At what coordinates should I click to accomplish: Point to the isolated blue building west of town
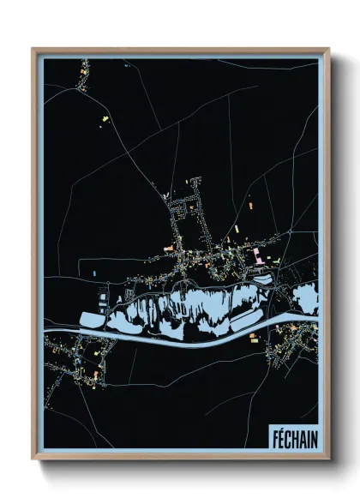tap(93, 273)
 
